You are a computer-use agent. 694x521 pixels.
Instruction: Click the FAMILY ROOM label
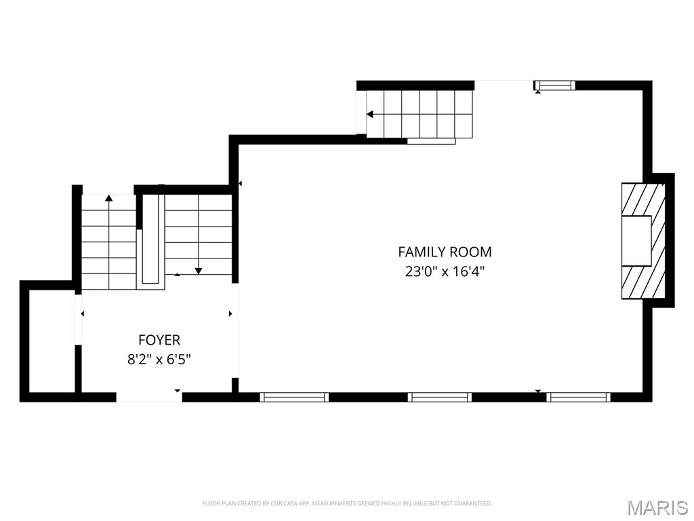pyautogui.click(x=445, y=252)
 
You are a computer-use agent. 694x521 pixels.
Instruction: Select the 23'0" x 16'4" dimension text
pyautogui.click(x=445, y=271)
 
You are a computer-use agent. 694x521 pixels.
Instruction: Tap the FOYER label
pyautogui.click(x=159, y=340)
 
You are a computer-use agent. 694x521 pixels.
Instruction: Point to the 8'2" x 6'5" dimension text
pyautogui.click(x=159, y=360)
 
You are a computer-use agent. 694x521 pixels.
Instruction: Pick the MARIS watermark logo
pyautogui.click(x=657, y=507)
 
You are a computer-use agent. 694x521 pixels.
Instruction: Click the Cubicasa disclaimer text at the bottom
pyautogui.click(x=346, y=503)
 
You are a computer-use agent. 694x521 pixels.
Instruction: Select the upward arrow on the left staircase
pyautogui.click(x=108, y=198)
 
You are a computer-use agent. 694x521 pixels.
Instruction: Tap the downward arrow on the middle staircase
pyautogui.click(x=198, y=270)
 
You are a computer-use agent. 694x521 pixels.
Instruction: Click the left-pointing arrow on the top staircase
pyautogui.click(x=371, y=115)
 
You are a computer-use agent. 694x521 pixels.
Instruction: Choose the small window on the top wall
pyautogui.click(x=554, y=85)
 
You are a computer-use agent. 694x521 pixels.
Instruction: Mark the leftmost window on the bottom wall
pyautogui.click(x=294, y=398)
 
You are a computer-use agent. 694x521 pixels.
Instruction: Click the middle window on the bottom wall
pyautogui.click(x=439, y=398)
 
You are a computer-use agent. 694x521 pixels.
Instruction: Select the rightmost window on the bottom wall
pyautogui.click(x=578, y=398)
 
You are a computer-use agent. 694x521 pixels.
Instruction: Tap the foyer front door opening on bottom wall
pyautogui.click(x=149, y=398)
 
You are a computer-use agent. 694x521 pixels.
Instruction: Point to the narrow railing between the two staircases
pyautogui.click(x=150, y=241)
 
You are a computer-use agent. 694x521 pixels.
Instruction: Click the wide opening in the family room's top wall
pyautogui.click(x=504, y=84)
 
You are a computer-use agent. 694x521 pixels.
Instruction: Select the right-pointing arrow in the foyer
pyautogui.click(x=230, y=313)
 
